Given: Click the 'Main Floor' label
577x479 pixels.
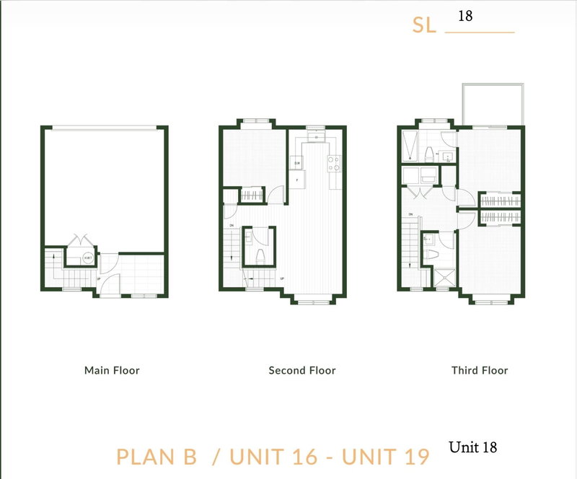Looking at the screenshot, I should click(x=112, y=371).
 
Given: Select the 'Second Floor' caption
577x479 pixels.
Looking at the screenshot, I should click(x=302, y=371).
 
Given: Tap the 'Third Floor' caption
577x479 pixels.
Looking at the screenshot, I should click(x=480, y=371).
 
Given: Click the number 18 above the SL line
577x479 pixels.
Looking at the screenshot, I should click(x=465, y=16).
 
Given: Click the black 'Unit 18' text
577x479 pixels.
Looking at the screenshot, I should click(x=472, y=448).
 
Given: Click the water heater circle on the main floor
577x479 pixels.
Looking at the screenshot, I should click(x=87, y=258).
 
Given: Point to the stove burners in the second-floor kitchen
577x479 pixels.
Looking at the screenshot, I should click(x=335, y=164).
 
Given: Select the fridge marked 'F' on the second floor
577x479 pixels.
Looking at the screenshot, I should click(x=296, y=179).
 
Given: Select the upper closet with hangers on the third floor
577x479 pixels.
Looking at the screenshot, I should click(x=500, y=199).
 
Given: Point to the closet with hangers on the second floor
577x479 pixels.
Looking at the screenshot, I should click(x=252, y=195).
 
